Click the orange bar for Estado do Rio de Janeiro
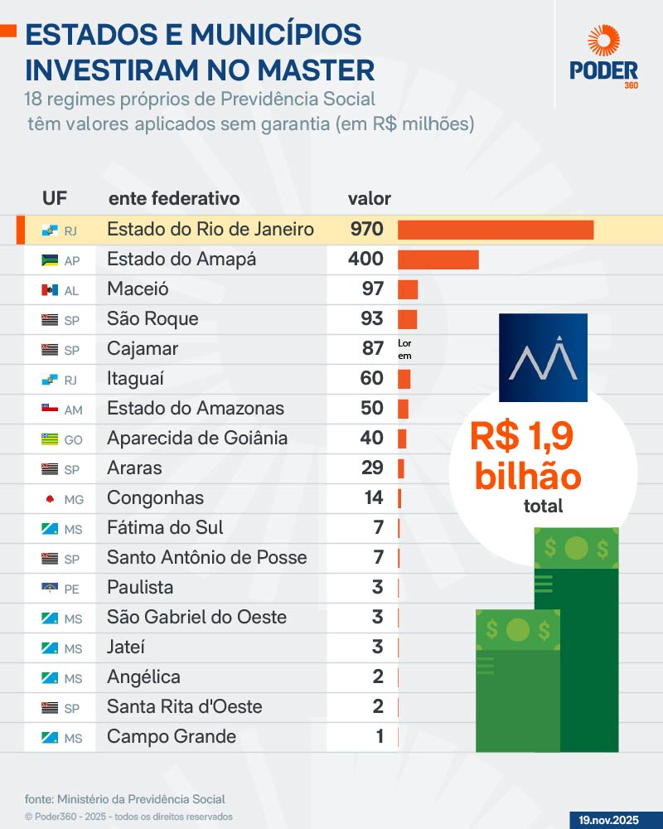point(496,230)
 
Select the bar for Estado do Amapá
point(438,259)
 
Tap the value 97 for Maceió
point(373,289)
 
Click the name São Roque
point(152,319)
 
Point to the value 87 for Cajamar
point(373,349)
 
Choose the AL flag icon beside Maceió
point(49,290)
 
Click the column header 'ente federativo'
point(174,199)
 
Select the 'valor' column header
point(369,199)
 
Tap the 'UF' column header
point(55,199)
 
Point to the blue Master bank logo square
point(543,357)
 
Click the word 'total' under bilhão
point(543,507)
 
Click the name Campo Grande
point(172,737)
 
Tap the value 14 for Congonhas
point(373,498)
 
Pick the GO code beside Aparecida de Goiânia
point(73,439)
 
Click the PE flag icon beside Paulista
point(49,589)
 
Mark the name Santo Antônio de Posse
point(207,558)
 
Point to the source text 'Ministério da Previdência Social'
point(141,799)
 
